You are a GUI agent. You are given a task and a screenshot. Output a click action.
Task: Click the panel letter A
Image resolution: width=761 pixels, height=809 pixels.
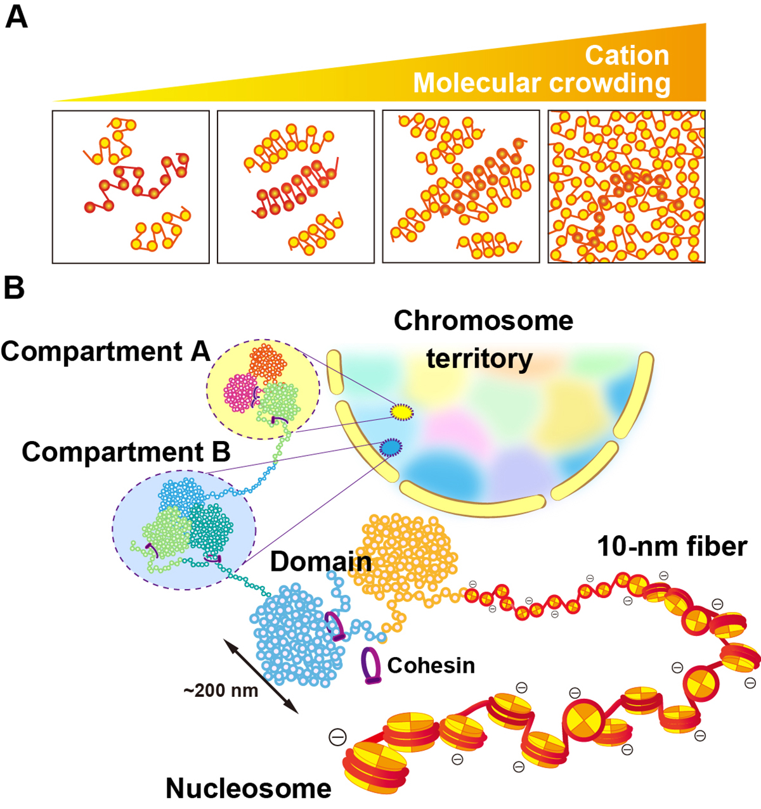click(x=16, y=17)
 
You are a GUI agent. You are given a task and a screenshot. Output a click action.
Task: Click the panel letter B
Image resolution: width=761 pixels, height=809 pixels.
click(x=15, y=288)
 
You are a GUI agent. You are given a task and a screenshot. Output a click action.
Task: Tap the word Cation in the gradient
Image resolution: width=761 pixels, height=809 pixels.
click(x=627, y=56)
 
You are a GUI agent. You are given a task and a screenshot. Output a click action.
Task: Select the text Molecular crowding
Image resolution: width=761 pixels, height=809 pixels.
click(x=542, y=83)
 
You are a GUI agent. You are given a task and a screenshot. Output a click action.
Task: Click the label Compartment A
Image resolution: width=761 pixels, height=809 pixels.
click(x=105, y=351)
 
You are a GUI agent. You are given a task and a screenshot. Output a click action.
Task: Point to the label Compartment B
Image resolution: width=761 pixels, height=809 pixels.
click(x=126, y=452)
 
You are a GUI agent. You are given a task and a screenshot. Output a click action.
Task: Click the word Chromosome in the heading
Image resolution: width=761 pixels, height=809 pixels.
click(x=483, y=321)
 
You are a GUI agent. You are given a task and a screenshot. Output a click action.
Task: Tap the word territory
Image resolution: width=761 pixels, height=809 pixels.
click(x=479, y=359)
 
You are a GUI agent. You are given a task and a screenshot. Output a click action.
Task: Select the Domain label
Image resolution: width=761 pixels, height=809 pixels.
click(x=321, y=561)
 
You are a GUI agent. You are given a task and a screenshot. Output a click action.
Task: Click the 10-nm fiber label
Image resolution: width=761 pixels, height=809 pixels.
click(x=672, y=546)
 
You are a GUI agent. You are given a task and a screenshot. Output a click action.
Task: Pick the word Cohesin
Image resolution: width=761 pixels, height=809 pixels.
click(x=431, y=665)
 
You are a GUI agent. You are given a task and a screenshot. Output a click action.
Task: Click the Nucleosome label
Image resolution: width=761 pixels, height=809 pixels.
click(x=249, y=789)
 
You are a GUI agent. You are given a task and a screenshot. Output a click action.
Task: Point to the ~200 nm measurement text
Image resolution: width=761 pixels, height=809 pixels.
click(x=221, y=690)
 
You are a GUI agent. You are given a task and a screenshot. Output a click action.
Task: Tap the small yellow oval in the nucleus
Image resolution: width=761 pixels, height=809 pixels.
click(x=401, y=412)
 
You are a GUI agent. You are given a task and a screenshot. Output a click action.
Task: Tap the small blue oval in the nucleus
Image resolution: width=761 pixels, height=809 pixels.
click(x=390, y=448)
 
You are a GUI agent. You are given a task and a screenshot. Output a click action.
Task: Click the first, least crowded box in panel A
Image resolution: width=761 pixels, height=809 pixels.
click(x=131, y=187)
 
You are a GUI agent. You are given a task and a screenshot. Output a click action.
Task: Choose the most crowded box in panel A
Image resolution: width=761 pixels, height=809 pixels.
click(x=627, y=187)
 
